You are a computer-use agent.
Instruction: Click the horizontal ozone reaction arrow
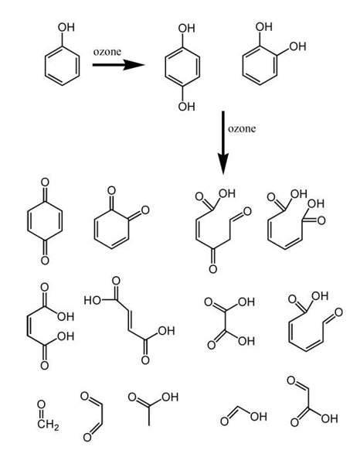[x=118, y=65]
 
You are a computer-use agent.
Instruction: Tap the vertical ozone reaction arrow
[x=223, y=142]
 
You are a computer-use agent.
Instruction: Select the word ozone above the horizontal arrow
[x=107, y=52]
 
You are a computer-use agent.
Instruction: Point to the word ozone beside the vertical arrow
[x=242, y=128]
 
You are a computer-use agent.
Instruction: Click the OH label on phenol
[x=66, y=27]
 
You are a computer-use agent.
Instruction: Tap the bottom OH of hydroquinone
[x=186, y=107]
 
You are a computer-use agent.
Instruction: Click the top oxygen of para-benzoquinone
[x=45, y=182]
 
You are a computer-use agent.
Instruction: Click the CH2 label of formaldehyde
[x=48, y=425]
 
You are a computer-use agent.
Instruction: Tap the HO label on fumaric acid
[x=93, y=300]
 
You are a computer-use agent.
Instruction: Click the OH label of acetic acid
[x=170, y=397]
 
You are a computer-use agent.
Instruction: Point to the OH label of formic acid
[x=258, y=417]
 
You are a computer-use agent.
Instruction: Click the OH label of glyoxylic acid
[x=329, y=418]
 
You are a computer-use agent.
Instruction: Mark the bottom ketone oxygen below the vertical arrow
[x=213, y=268]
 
